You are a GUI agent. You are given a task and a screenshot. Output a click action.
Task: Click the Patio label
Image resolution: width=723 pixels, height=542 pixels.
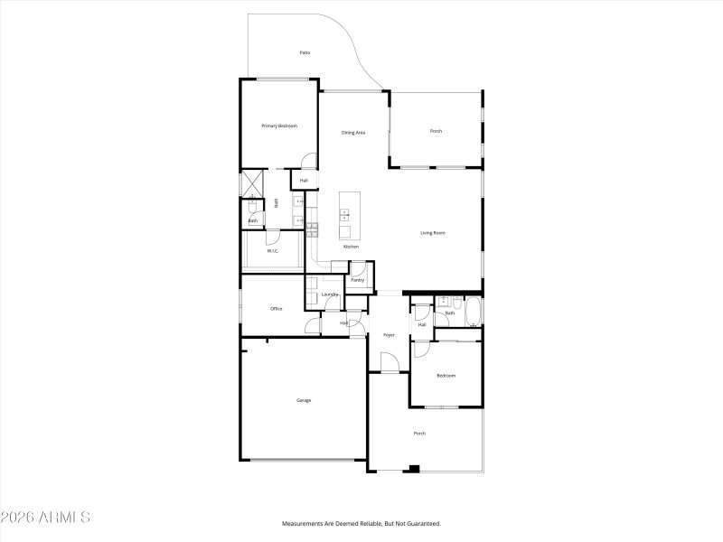click(305, 53)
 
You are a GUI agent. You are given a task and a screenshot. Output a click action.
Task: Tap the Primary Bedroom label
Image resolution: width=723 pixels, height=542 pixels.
click(279, 126)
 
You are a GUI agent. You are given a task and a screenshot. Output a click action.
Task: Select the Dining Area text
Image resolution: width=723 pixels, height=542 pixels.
click(352, 133)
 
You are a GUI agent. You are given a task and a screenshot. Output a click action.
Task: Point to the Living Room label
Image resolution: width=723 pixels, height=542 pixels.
click(433, 233)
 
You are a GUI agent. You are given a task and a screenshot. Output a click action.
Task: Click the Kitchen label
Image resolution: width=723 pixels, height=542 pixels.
click(351, 247)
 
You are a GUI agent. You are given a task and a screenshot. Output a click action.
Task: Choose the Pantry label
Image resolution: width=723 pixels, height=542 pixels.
click(357, 280)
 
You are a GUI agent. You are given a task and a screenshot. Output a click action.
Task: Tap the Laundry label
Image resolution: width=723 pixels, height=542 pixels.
click(330, 294)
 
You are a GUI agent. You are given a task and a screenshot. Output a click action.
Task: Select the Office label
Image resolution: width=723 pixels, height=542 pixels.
click(277, 309)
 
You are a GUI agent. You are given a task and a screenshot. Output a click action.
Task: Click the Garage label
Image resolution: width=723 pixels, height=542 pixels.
click(304, 400)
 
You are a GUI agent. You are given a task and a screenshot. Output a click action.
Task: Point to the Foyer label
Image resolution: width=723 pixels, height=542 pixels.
click(389, 335)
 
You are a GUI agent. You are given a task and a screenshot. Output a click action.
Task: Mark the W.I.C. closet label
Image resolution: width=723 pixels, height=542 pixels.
click(272, 251)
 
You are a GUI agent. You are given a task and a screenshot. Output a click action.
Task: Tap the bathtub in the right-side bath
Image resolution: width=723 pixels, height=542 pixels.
click(471, 312)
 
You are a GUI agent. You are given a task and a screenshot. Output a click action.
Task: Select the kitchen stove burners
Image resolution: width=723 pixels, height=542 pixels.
click(313, 229)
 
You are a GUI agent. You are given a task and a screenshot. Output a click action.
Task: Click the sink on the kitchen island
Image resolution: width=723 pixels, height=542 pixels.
click(344, 215)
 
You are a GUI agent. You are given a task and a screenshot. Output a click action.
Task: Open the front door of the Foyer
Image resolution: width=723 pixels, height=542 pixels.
click(390, 363)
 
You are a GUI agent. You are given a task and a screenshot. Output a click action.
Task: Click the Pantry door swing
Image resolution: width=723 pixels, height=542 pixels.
click(358, 266)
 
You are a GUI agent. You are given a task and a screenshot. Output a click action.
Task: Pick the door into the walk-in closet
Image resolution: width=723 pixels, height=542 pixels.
click(272, 238)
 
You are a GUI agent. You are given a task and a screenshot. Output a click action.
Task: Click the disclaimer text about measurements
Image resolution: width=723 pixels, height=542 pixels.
click(361, 523)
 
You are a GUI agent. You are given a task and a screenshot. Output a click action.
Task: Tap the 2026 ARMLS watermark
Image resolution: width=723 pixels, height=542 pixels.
click(45, 518)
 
